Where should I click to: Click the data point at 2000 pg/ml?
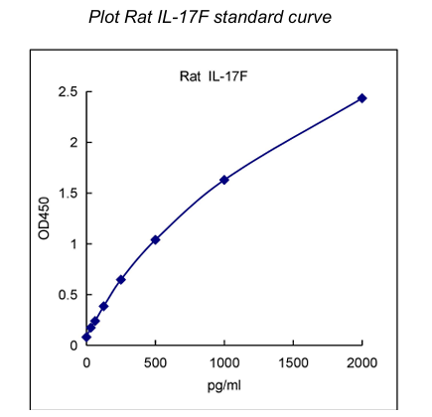point(362,98)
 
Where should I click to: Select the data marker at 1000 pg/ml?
point(224,180)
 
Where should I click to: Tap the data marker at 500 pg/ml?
point(155,239)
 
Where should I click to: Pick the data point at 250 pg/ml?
point(121,280)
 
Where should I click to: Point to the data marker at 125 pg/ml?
point(103,306)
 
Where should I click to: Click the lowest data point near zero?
point(86,338)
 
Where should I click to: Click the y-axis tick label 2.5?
point(68,92)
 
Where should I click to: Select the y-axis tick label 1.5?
point(68,194)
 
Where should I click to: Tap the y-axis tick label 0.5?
point(68,295)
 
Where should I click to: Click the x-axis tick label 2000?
point(362,361)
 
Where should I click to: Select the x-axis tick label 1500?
point(294,361)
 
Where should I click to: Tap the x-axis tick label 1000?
point(224,361)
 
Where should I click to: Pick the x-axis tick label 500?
point(155,361)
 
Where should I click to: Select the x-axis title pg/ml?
point(224,382)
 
